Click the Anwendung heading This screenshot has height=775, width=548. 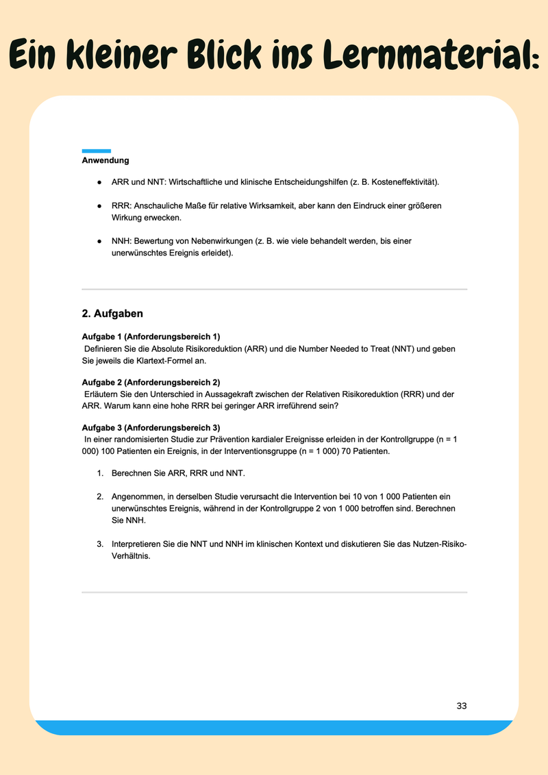pos(105,161)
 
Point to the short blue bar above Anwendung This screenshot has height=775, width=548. pos(96,151)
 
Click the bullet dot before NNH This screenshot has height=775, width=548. pos(99,241)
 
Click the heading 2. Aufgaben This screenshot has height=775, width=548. pos(112,314)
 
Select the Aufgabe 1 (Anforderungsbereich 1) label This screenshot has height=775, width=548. pos(151,337)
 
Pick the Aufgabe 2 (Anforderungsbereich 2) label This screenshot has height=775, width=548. pos(151,382)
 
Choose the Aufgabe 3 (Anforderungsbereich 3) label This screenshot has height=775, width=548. pos(151,428)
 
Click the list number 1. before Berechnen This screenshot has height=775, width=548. pos(100,474)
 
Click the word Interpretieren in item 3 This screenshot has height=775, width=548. pos(138,544)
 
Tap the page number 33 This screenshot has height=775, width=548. pos(462,706)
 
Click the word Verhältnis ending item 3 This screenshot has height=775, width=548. pos(130,556)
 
